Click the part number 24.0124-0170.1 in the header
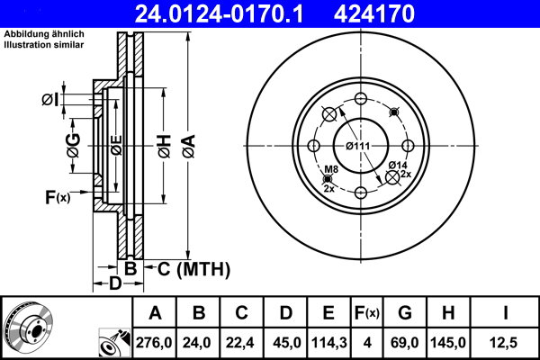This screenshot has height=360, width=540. [233, 13]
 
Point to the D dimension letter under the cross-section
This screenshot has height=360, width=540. [115, 284]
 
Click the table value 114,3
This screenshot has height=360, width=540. [328, 343]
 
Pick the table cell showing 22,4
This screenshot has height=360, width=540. [242, 343]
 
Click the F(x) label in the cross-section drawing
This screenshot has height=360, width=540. [57, 197]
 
